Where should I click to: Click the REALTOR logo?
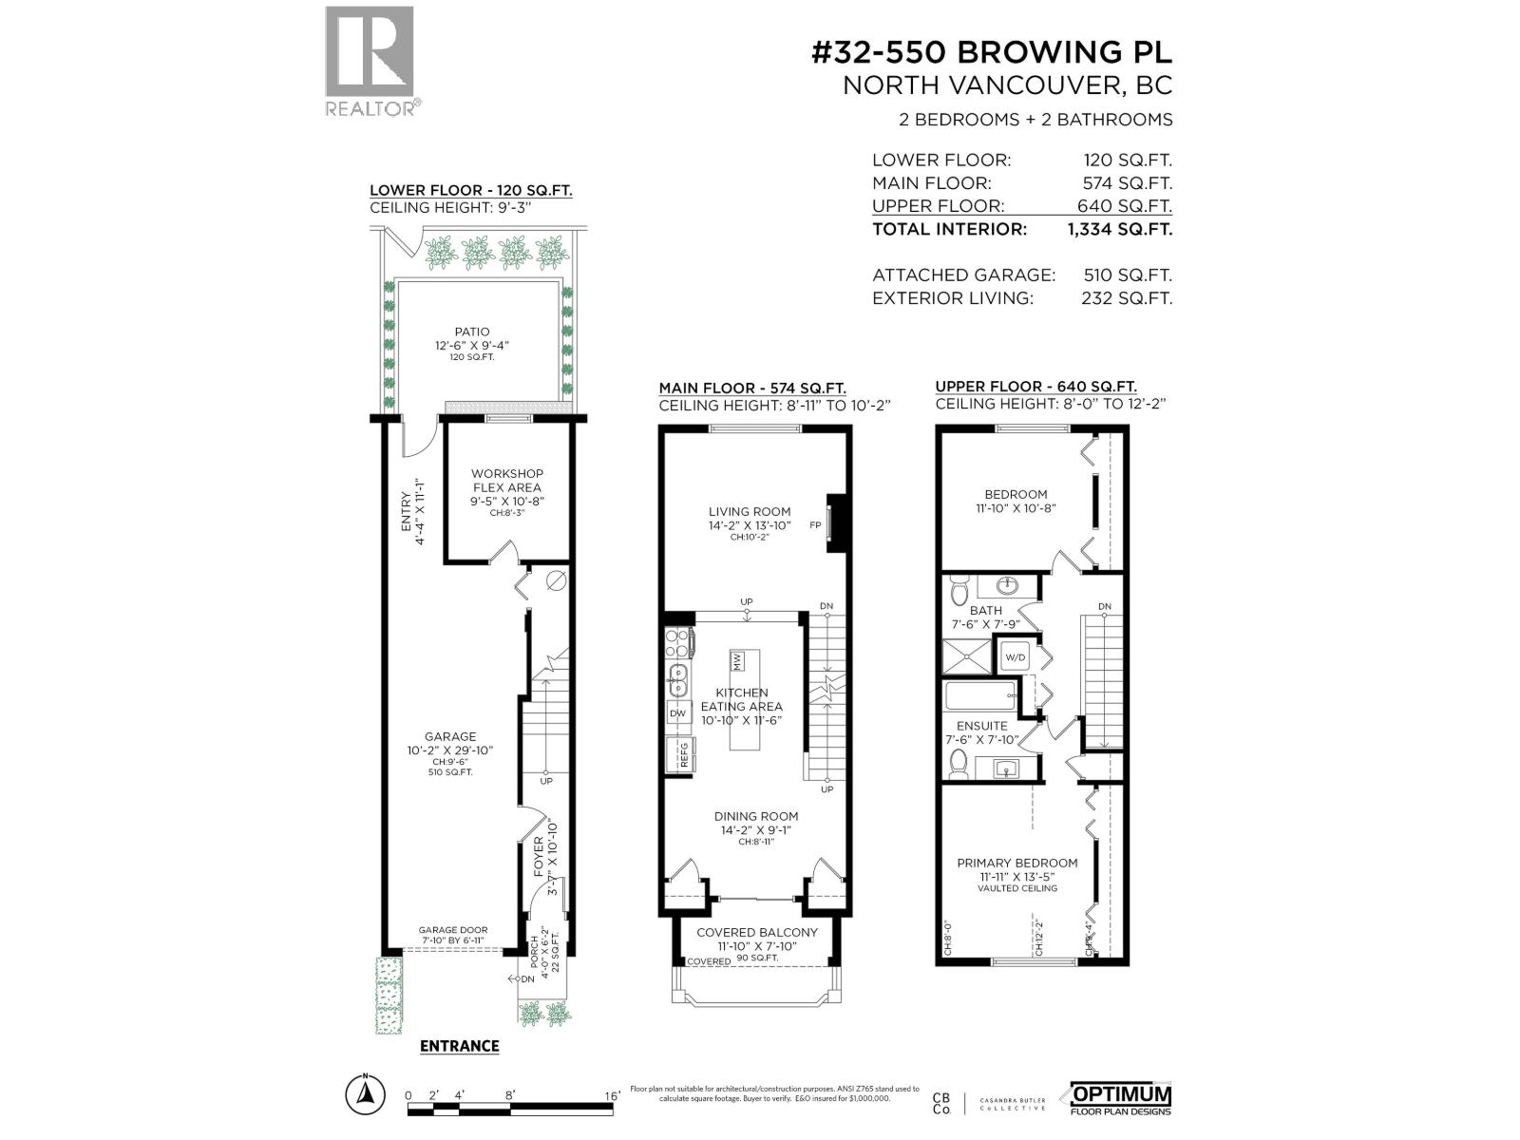[370, 61]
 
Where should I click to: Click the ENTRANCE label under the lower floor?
[459, 1046]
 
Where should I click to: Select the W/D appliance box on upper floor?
[1016, 656]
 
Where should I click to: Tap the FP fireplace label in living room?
[815, 525]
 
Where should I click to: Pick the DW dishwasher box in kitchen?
[677, 713]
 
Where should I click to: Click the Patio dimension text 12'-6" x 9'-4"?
[472, 345]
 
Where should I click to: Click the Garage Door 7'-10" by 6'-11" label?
[453, 936]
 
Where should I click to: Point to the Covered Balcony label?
[757, 932]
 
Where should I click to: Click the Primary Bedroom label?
[1017, 863]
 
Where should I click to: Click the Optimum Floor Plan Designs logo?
[1121, 1097]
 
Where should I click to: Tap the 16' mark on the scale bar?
[612, 1095]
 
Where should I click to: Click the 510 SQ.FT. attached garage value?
[1128, 275]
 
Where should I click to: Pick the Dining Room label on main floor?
[756, 816]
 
